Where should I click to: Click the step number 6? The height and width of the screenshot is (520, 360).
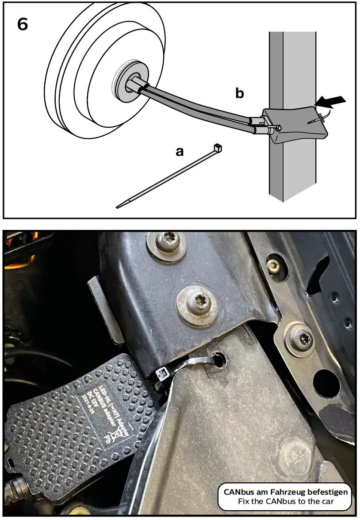click(23, 24)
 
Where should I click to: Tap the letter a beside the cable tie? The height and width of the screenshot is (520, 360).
click(180, 152)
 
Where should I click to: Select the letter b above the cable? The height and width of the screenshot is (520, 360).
click(239, 93)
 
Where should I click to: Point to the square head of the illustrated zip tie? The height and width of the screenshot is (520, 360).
click(217, 147)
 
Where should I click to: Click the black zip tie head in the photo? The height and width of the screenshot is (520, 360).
click(161, 377)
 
